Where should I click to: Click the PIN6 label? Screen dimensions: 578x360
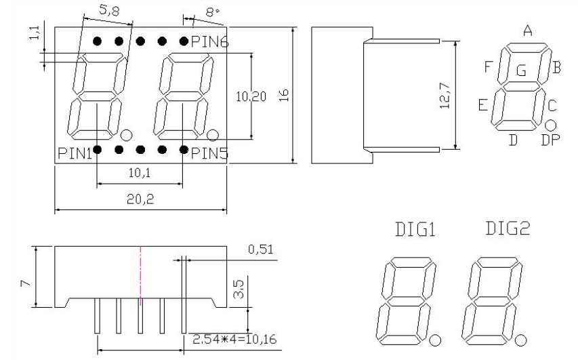(210, 41)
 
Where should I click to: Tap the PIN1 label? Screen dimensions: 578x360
(75, 153)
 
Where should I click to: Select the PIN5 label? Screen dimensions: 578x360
(210, 153)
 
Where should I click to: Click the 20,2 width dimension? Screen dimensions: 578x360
(140, 199)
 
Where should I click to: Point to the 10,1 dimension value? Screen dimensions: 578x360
(140, 172)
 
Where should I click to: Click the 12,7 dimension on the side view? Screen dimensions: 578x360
(445, 95)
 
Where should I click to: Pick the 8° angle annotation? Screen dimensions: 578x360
(212, 13)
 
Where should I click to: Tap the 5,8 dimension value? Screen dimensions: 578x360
(109, 11)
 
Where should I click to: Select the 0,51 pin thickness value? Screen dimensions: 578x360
(261, 249)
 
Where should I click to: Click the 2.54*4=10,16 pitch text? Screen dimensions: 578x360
(234, 339)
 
